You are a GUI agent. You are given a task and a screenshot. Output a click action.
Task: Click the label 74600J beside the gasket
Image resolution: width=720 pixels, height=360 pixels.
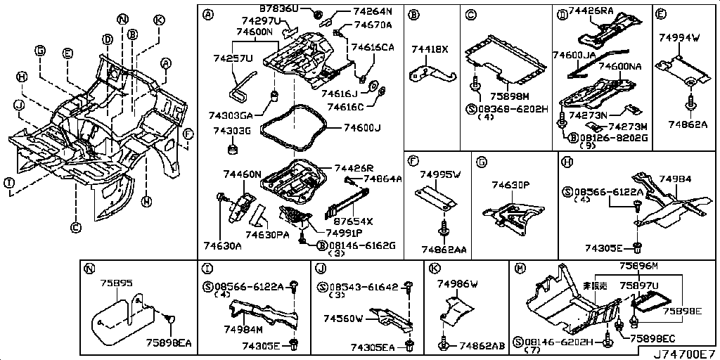[x=362, y=127]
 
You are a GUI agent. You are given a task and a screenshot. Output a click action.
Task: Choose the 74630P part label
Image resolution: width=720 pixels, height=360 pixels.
[x=510, y=185]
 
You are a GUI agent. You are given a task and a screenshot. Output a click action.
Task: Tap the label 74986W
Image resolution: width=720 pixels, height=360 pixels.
[x=457, y=283]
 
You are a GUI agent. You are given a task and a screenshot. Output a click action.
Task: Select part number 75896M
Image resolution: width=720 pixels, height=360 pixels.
[x=638, y=266]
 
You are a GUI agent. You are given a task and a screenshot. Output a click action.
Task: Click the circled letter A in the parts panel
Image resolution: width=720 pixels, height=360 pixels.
[x=207, y=15]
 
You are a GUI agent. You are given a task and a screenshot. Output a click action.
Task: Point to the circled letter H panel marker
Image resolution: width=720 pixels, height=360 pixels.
[x=566, y=162]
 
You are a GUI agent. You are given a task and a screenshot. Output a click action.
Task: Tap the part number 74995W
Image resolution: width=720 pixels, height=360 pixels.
[x=440, y=174]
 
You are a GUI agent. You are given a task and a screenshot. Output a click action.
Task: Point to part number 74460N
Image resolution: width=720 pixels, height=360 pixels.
[x=242, y=174]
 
